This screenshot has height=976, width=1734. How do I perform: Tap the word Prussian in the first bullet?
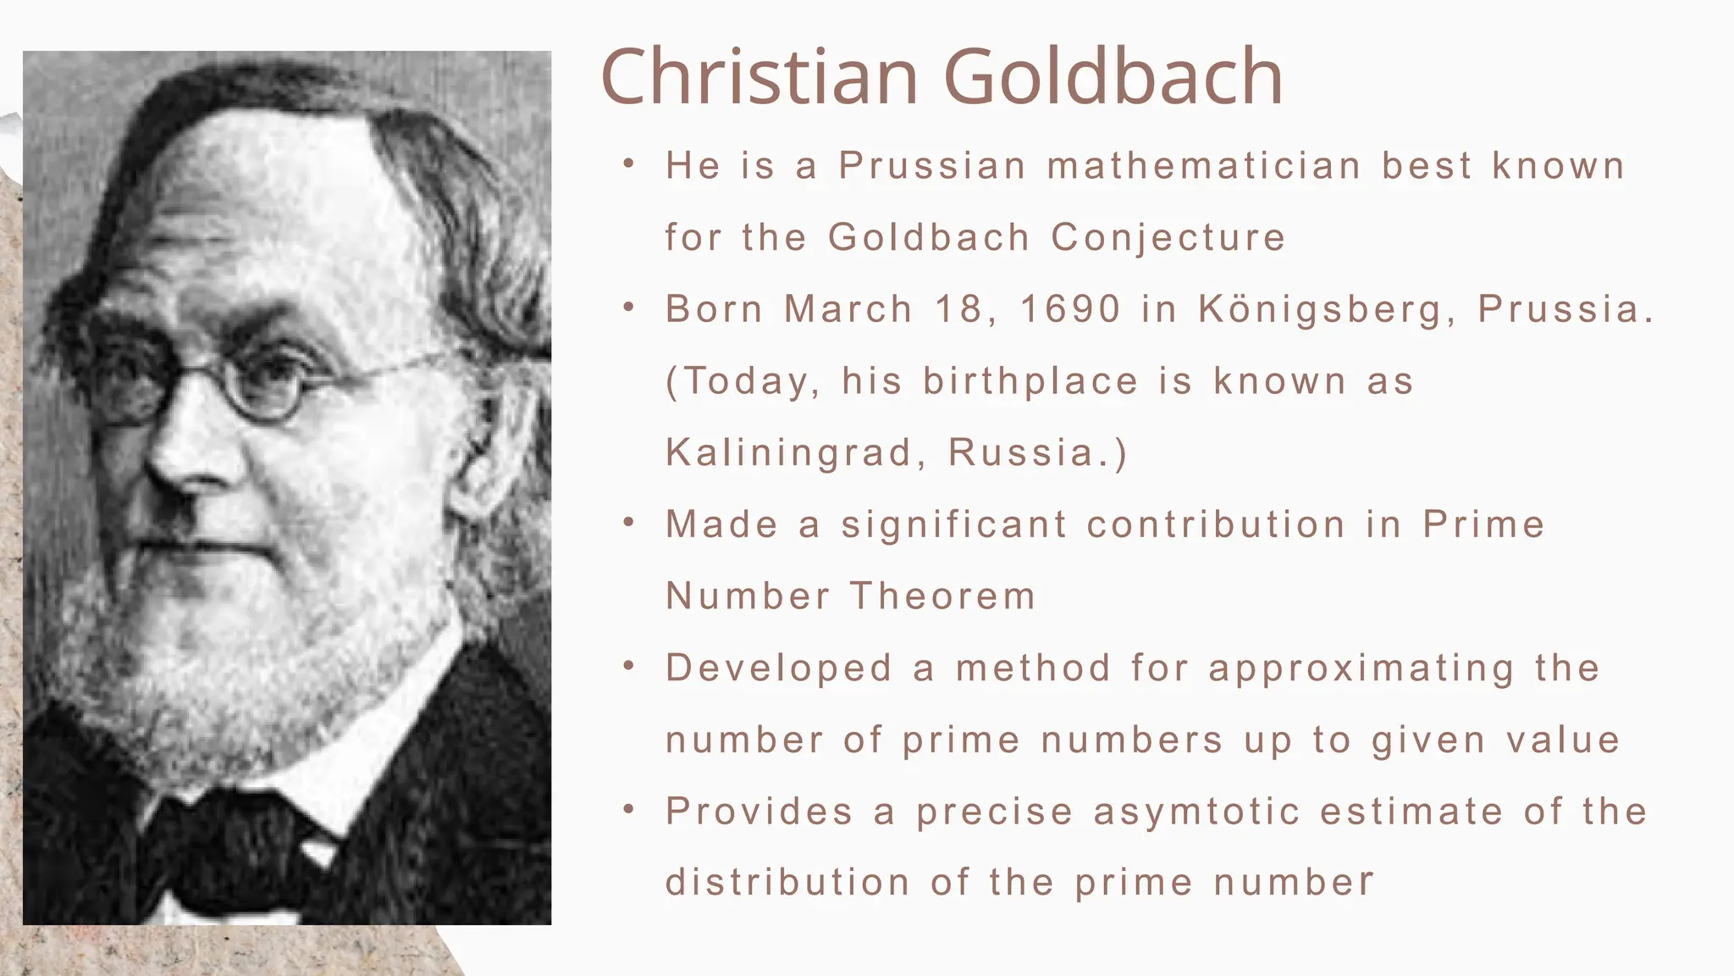pos(932,165)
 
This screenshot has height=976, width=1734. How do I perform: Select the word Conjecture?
pos(1168,237)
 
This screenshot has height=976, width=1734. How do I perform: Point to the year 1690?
pos(1070,308)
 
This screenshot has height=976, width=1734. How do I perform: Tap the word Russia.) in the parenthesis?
pos(1038,452)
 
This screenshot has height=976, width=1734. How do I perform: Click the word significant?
pos(954,525)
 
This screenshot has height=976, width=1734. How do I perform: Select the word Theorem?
pos(943,596)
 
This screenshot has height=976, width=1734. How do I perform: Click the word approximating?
pos(1361,669)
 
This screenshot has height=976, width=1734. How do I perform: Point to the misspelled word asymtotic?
pos(1196,812)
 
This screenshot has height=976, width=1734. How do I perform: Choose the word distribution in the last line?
pos(787,883)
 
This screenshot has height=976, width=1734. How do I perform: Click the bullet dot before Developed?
pos(628,667)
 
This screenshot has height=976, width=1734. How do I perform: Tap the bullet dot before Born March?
pos(628,308)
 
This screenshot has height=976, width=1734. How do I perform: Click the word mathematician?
pos(1204,165)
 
